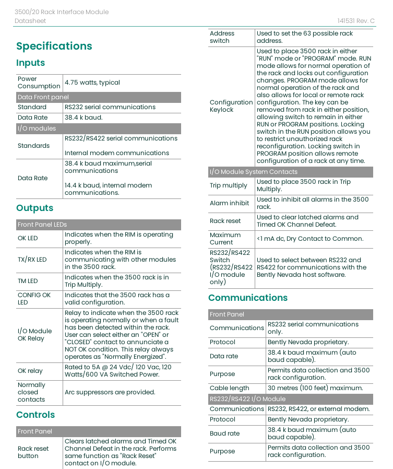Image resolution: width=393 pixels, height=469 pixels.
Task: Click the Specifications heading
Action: click(x=54, y=46)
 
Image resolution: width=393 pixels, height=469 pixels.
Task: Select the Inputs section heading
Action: click(x=30, y=63)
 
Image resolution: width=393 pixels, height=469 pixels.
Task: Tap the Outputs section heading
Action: click(x=34, y=208)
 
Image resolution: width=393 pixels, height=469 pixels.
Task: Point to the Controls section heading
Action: click(x=35, y=415)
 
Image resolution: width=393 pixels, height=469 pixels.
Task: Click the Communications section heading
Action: click(x=247, y=298)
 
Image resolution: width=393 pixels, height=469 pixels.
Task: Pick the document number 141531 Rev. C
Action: click(x=356, y=21)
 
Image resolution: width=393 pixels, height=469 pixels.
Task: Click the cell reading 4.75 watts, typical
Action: click(x=92, y=83)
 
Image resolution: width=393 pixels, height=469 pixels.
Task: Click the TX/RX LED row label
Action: click(x=32, y=260)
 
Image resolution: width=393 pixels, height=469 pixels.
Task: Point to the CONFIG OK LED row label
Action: click(x=34, y=299)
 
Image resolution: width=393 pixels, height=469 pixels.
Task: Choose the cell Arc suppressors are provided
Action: click(x=110, y=392)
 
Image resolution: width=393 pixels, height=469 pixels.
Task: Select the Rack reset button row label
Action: click(x=33, y=452)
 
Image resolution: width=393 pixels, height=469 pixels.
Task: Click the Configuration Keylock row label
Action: click(x=231, y=106)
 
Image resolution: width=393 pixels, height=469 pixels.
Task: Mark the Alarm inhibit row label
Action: click(x=229, y=203)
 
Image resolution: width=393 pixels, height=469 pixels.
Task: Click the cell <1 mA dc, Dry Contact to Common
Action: click(x=309, y=239)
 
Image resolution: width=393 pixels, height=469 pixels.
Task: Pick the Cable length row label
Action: click(x=230, y=388)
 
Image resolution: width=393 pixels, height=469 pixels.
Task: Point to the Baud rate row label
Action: click(x=224, y=433)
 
